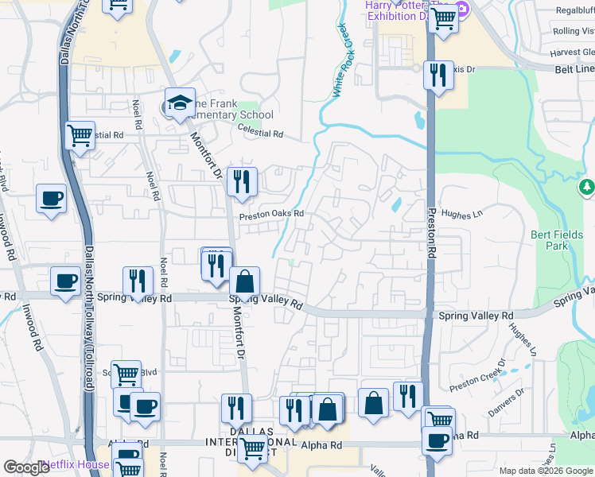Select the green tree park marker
586,188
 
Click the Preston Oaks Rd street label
272,214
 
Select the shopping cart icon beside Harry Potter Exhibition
443,17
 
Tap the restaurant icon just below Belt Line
437,76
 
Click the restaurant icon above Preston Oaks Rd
241,182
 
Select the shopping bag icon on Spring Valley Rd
244,281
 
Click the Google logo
26,467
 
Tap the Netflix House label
76,464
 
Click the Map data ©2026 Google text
545,471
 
